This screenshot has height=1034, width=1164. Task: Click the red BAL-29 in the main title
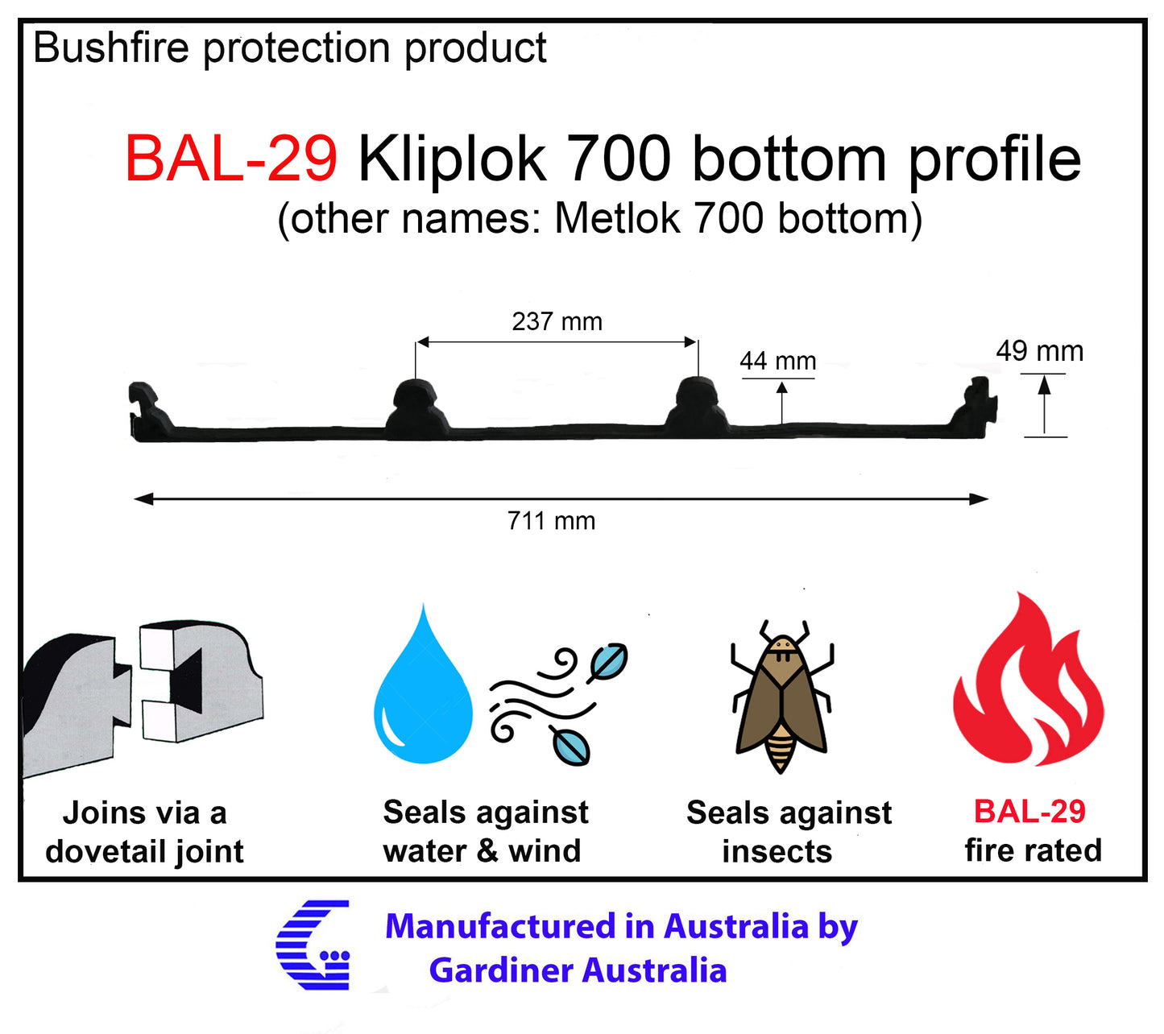(x=230, y=159)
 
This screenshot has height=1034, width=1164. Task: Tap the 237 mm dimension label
(x=557, y=321)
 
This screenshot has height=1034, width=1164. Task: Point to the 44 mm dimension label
(x=777, y=361)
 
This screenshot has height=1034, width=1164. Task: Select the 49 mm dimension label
(x=1039, y=351)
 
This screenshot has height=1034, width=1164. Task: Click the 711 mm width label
(x=551, y=521)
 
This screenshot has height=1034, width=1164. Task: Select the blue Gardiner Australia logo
(x=314, y=945)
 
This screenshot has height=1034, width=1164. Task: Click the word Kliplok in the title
(x=452, y=159)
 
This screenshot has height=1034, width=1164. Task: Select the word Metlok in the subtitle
(x=618, y=218)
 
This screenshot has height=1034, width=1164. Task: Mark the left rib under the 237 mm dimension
(x=416, y=407)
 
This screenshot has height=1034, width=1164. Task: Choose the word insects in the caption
(x=777, y=851)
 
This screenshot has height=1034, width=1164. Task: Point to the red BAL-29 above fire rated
(x=1029, y=811)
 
